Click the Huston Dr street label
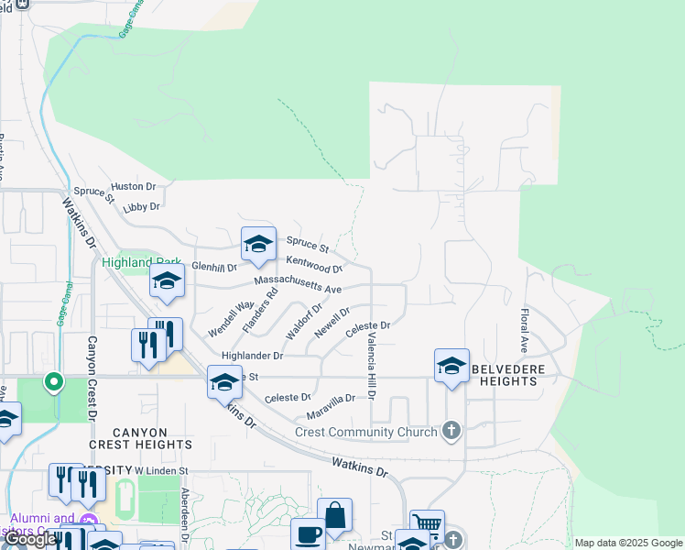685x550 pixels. pos(134,186)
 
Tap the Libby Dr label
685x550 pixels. pos(141,208)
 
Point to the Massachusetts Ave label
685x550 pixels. pos(298,284)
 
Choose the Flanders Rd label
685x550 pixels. pos(259,311)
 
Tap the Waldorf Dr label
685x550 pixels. pos(304,322)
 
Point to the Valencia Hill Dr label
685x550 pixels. pos(372,366)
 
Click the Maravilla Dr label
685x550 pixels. pos(330,400)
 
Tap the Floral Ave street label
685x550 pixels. pos(525,331)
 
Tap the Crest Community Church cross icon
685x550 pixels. pos(451,430)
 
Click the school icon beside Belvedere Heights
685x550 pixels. pos(451,365)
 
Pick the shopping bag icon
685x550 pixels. pos(334,515)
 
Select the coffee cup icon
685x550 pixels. pos(308,534)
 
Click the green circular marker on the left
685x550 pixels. pos(54,379)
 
